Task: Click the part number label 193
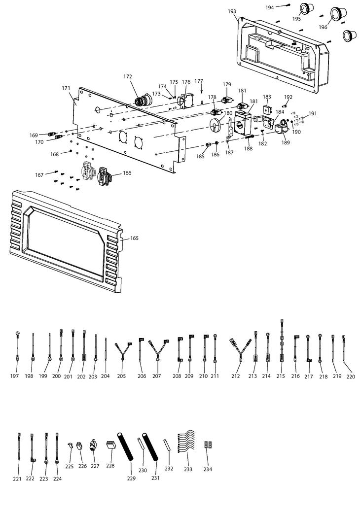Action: point(232,11)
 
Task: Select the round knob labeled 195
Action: point(307,9)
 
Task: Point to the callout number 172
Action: point(128,76)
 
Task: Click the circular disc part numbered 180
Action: point(216,124)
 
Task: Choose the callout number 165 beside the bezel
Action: point(134,239)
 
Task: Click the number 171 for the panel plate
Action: point(66,88)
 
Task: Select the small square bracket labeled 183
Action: point(267,109)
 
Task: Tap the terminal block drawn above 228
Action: point(110,445)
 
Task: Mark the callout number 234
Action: point(208,469)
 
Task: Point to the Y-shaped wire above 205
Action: point(121,352)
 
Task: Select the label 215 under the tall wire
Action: point(281,376)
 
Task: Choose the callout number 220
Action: point(350,376)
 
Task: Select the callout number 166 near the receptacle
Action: point(127,173)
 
